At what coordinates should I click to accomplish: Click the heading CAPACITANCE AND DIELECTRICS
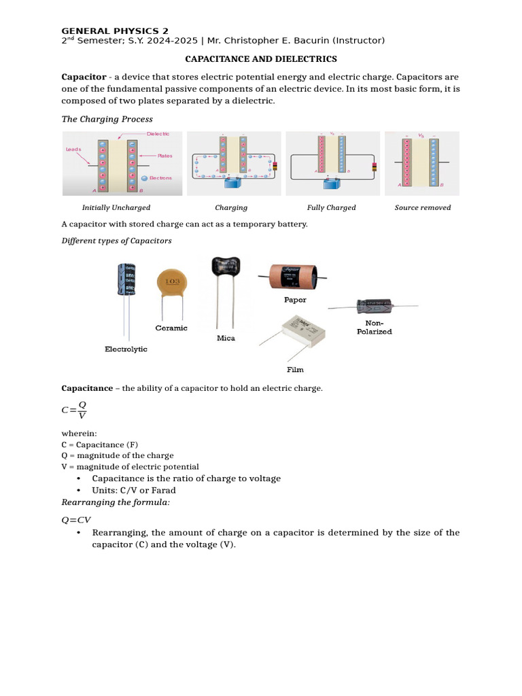pos(261,60)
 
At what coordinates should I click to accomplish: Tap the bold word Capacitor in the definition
pos(84,77)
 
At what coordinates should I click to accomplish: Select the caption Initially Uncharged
pos(116,208)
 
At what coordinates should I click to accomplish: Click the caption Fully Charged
pos(332,208)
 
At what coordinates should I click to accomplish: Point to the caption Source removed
pos(423,208)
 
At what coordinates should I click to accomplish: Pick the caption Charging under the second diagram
pos(231,208)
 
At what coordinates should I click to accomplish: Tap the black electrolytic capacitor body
pos(128,279)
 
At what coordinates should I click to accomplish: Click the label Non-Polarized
pos(375,328)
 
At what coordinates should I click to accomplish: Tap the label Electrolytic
pos(126,349)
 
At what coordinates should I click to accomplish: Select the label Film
pos(295,370)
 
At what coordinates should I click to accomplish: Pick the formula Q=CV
pos(76,520)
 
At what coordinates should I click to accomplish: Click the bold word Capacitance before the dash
pos(87,388)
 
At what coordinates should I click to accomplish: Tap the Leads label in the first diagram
pos(73,149)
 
